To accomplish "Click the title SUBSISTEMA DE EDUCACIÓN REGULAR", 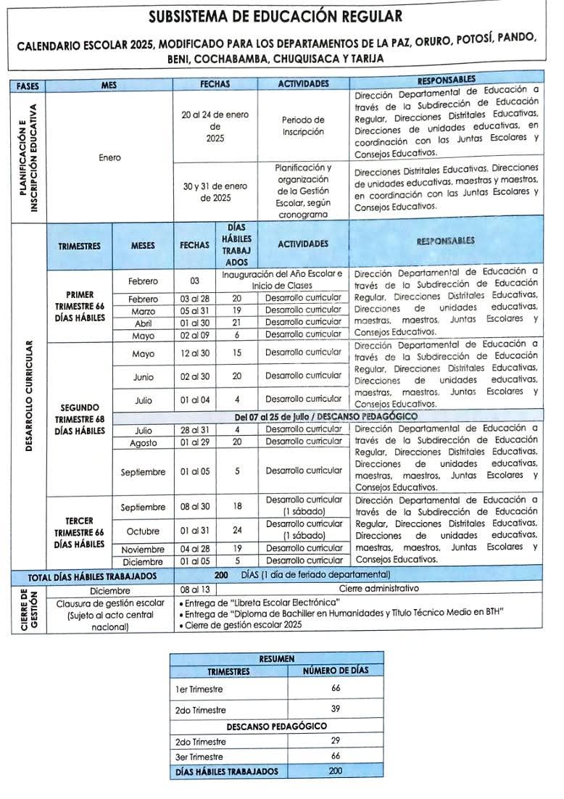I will tap(275, 17).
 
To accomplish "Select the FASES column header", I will tap(28, 85).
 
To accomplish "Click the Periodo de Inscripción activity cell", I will tap(303, 126).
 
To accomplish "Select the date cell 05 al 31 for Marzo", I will tap(194, 310).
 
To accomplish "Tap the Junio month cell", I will tap(143, 377).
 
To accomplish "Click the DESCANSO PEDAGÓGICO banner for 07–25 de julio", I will tap(302, 418).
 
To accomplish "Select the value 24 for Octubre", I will tap(237, 530).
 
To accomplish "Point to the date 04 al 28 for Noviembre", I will tap(194, 549).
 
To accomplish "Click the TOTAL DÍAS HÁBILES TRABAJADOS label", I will tap(92, 576).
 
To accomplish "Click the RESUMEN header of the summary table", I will tap(276, 659).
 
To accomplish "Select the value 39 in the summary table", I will tap(335, 709).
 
